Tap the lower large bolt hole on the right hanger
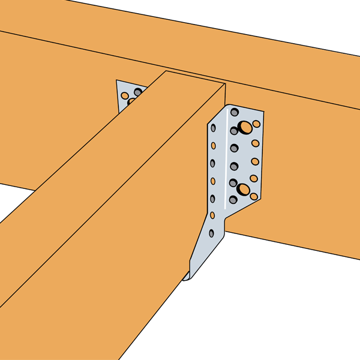click(244, 190)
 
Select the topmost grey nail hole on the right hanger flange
click(234, 112)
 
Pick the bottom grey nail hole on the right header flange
click(233, 199)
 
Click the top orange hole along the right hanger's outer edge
click(256, 124)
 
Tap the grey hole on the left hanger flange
click(137, 92)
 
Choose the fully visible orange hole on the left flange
click(125, 95)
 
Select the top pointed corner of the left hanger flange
click(117, 80)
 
